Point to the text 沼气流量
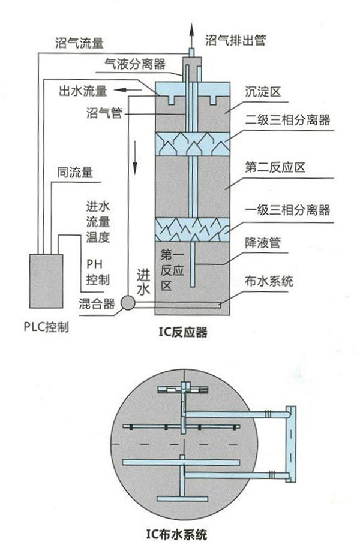click(x=76, y=43)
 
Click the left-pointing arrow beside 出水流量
click(x=124, y=90)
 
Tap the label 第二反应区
click(x=276, y=167)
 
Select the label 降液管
click(x=263, y=243)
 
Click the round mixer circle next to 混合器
click(x=128, y=303)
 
